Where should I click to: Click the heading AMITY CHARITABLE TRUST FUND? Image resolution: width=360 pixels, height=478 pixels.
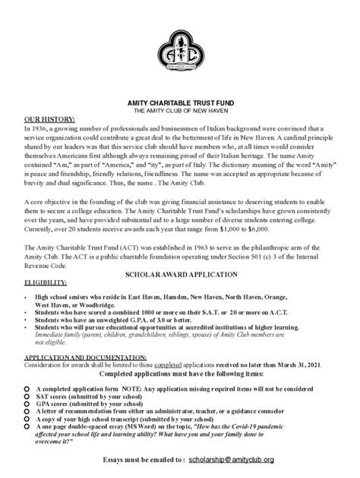pyautogui.click(x=181, y=103)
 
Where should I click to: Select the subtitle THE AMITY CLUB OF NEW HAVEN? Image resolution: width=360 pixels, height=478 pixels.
pyautogui.click(x=181, y=112)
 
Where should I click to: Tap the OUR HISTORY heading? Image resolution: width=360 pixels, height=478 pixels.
pyautogui.click(x=49, y=120)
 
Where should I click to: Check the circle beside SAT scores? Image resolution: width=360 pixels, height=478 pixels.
pyautogui.click(x=27, y=396)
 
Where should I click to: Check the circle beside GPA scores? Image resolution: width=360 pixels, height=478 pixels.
pyautogui.click(x=27, y=404)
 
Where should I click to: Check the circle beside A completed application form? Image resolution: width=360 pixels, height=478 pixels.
pyautogui.click(x=27, y=388)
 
